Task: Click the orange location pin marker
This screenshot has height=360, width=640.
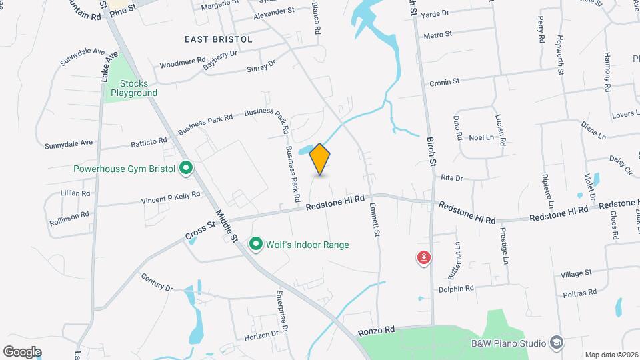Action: pyautogui.click(x=320, y=159)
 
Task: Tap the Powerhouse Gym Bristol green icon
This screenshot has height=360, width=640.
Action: pyautogui.click(x=187, y=169)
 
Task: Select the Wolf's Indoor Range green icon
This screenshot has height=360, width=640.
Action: pyautogui.click(x=255, y=245)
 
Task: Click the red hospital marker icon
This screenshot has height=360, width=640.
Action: pyautogui.click(x=423, y=257)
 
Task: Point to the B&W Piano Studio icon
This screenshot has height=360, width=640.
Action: pyautogui.click(x=555, y=343)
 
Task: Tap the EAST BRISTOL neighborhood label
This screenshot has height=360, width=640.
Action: pyautogui.click(x=219, y=39)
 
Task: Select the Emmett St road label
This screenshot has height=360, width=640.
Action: pyautogui.click(x=375, y=221)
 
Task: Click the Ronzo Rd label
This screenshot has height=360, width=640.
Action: pyautogui.click(x=377, y=331)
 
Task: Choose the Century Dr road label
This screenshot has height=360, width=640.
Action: pyautogui.click(x=157, y=283)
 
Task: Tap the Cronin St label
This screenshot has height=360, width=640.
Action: pyautogui.click(x=445, y=82)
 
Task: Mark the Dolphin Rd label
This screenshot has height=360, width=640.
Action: pyautogui.click(x=456, y=289)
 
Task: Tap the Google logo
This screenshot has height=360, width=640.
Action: pyautogui.click(x=22, y=351)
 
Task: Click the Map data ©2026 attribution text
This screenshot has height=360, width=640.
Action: pyautogui.click(x=611, y=355)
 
